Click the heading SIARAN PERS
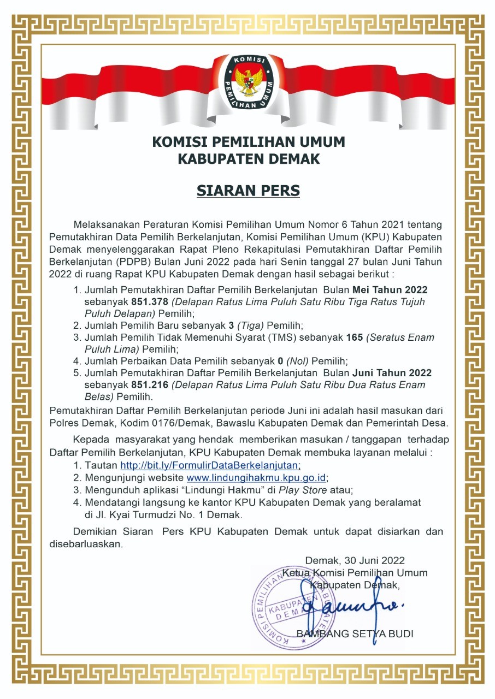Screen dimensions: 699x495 pos(248,191)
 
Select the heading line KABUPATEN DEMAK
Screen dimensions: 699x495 pos(248,159)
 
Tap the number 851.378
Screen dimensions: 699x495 pos(147,301)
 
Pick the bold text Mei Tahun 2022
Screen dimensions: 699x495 pos(390,289)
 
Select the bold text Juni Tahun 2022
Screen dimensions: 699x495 pos(392,373)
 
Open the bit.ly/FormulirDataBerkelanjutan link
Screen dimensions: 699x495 pos(210,466)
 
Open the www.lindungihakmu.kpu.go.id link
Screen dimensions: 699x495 pos(257,478)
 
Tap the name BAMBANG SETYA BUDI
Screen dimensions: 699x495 pos(355,634)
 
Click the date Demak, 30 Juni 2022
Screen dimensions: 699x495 pos(355,560)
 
